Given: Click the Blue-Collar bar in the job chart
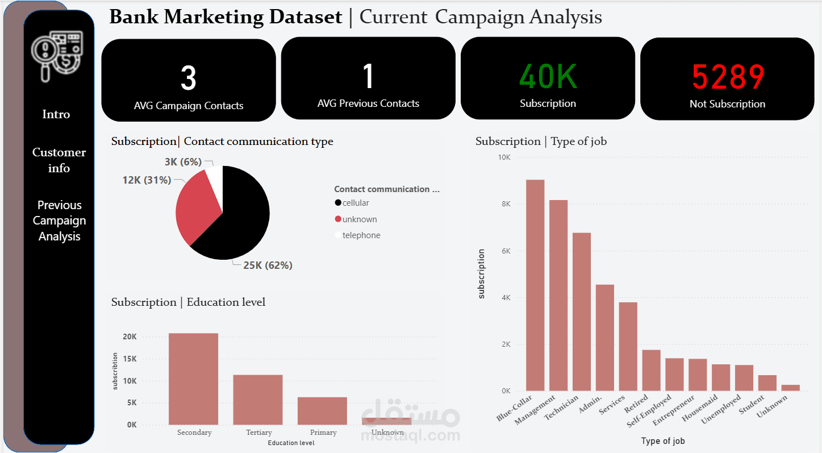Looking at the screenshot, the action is [535, 285].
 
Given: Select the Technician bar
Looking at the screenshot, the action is [582, 311].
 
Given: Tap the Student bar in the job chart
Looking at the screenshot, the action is [767, 383].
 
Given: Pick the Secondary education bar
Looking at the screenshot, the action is [193, 379].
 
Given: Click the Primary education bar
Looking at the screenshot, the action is [322, 411].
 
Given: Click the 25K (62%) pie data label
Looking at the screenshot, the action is [268, 265].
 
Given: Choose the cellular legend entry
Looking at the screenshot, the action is [352, 203].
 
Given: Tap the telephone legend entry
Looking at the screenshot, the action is [358, 235].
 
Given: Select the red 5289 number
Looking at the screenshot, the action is [728, 77].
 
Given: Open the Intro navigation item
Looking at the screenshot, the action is [56, 114].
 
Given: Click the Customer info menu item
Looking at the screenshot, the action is [59, 160].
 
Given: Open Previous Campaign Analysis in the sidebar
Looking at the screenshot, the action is [59, 221].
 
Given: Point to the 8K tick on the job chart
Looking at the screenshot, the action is [506, 203].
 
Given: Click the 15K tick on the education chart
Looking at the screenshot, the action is [130, 359].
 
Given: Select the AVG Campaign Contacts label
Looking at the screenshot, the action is [189, 106].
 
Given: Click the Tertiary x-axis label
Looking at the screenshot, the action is [259, 433].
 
